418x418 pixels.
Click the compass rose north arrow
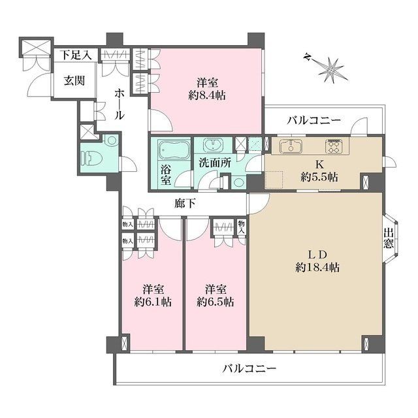coord(331,67)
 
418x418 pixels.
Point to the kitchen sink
coord(289,145)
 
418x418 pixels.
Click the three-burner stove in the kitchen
coord(334,145)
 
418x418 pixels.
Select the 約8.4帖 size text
coord(208,94)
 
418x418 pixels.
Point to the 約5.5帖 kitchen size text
coord(319,176)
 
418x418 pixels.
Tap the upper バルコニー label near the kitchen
coord(313,120)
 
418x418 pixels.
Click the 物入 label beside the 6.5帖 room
coord(242,226)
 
